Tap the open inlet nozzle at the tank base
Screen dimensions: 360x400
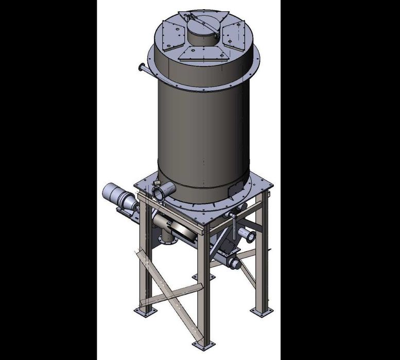click(159, 192)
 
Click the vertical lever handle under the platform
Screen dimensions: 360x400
click(233, 225)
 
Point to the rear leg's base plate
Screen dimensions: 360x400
click(199, 279)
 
